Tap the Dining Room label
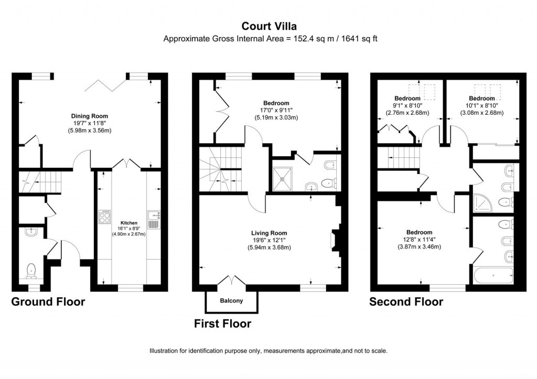click(x=89, y=116)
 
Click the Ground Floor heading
click(x=48, y=302)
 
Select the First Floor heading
click(x=222, y=323)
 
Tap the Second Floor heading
click(x=406, y=302)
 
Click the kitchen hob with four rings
click(x=104, y=217)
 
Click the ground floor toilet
click(x=31, y=270)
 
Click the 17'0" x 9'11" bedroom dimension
click(x=283, y=111)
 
